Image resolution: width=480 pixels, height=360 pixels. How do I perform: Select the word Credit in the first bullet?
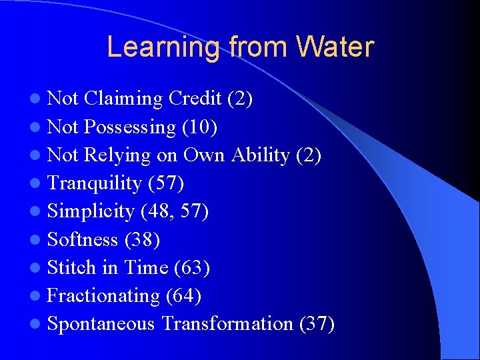[x=195, y=99]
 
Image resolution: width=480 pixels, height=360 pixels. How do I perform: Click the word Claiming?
[x=124, y=99]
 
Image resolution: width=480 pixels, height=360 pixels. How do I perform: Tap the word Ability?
[x=261, y=155]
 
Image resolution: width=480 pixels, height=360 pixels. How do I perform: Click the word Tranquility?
[x=95, y=183]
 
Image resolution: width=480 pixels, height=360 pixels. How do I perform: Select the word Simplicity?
[x=91, y=211]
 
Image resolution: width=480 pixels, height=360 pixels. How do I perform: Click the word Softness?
[x=83, y=239]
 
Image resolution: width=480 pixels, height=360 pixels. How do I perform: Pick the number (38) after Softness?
[x=142, y=239]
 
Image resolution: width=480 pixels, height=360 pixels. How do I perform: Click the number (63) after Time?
[x=192, y=267]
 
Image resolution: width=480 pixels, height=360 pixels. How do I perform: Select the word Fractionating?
[x=104, y=295]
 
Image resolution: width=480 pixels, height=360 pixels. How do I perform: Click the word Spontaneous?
[x=101, y=324]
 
